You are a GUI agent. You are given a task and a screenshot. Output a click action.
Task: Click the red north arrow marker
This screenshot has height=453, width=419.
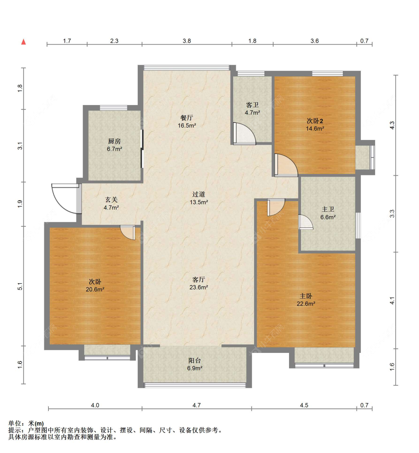coord(23,42)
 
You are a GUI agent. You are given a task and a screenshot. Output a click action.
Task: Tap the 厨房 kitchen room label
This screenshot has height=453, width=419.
coord(114,141)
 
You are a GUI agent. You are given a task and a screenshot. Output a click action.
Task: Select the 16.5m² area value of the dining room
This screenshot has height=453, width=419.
coord(187,125)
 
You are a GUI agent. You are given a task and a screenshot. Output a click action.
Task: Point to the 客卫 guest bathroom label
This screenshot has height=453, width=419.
coord(252,105)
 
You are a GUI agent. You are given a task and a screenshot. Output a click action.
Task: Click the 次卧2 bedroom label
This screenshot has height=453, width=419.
coord(315,121)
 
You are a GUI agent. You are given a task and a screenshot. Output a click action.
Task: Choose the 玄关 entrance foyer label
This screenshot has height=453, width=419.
coord(111,200)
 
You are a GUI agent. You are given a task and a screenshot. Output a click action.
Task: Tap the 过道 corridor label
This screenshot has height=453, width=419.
coord(199,194)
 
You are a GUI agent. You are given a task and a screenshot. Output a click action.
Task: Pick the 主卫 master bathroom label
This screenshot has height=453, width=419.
coord(328,210)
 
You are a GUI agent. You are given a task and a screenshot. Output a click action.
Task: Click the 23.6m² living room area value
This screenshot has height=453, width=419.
coord(199,287)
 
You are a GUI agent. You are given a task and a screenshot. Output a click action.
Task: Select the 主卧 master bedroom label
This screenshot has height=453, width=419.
coord(306,296)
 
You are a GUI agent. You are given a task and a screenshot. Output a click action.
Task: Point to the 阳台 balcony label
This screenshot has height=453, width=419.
coord(194,361)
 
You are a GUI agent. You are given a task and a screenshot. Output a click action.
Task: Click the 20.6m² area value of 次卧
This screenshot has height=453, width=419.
coord(95,290)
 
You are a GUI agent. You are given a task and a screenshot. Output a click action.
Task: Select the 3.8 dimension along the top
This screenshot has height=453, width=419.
coord(187,41)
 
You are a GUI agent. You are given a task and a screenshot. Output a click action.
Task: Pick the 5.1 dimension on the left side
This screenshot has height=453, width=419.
coord(20,286)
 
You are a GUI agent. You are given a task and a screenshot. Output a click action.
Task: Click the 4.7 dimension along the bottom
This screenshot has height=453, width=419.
coord(196,405)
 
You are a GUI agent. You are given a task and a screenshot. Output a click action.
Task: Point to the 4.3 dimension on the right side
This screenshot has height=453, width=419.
coord(392,125)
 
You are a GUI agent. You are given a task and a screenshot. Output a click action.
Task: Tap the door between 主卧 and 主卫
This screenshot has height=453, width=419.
coord(306,222)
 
